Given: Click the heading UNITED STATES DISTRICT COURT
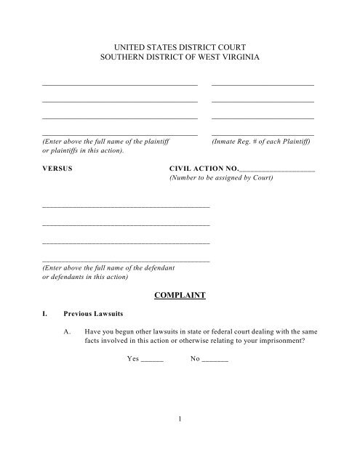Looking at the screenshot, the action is tap(179, 46).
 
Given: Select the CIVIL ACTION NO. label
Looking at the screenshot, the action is tap(203, 168).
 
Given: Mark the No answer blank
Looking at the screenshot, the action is tap(214, 359).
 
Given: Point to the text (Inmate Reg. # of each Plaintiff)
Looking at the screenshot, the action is tap(263, 142).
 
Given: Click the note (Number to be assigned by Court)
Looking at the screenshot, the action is tap(221, 177).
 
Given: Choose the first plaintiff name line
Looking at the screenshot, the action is tap(120, 85).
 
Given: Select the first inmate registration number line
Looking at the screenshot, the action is tap(263, 85).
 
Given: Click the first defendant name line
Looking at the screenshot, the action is tap(126, 207).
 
